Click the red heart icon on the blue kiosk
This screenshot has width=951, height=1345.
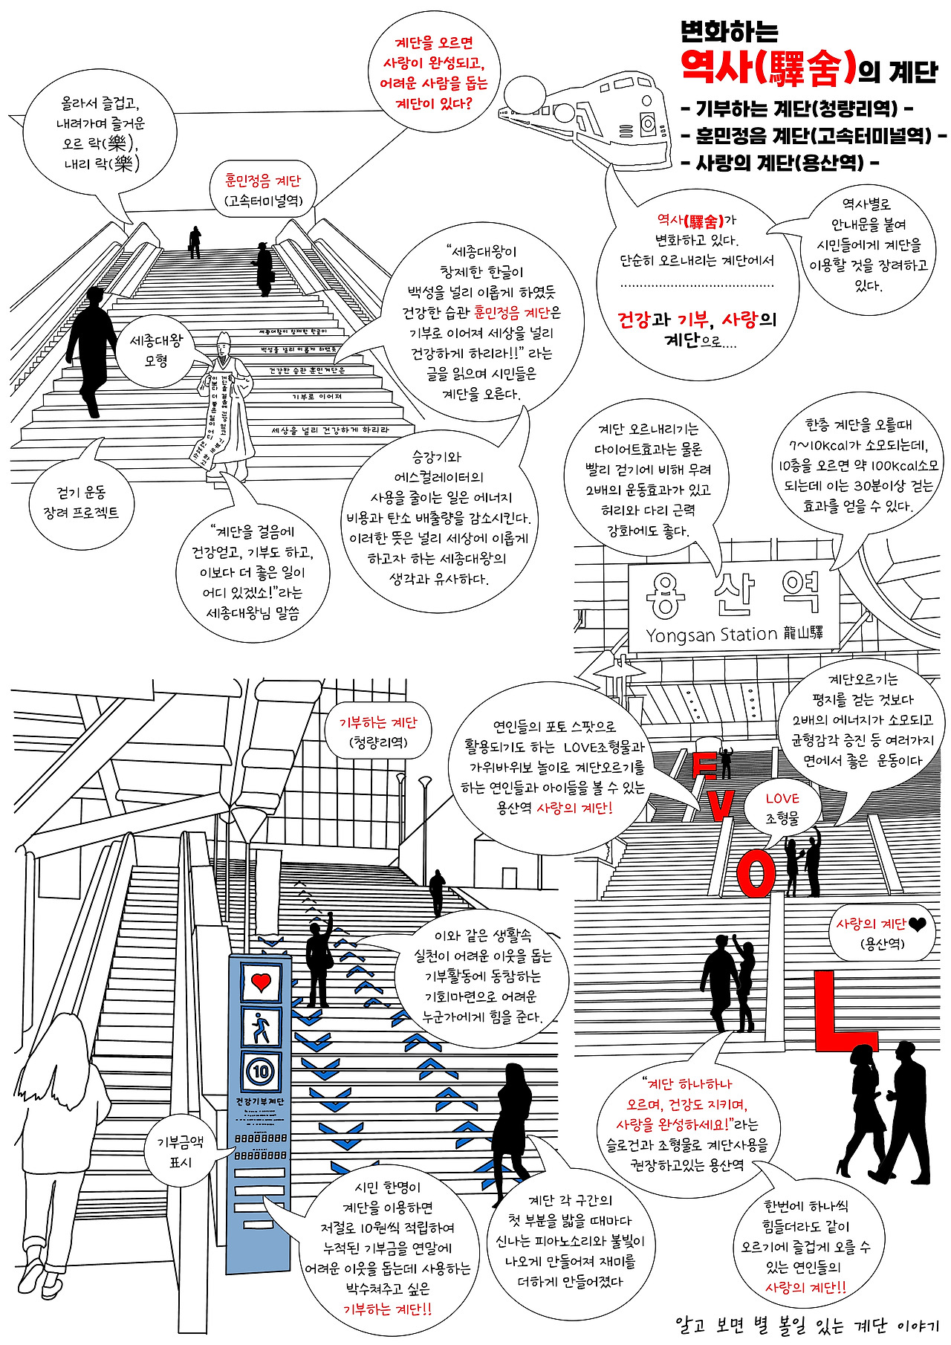click(261, 982)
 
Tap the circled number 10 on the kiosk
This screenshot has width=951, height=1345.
click(261, 1072)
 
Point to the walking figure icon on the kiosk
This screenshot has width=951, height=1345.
click(261, 1028)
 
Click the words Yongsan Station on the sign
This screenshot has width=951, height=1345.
click(711, 635)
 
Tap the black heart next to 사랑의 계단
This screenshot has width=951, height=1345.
click(918, 924)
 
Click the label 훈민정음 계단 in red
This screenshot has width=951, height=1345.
click(263, 181)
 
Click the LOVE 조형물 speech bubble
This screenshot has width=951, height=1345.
click(782, 808)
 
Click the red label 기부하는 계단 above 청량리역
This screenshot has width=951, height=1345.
click(378, 723)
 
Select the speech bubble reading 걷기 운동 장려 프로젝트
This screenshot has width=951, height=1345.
click(81, 503)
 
